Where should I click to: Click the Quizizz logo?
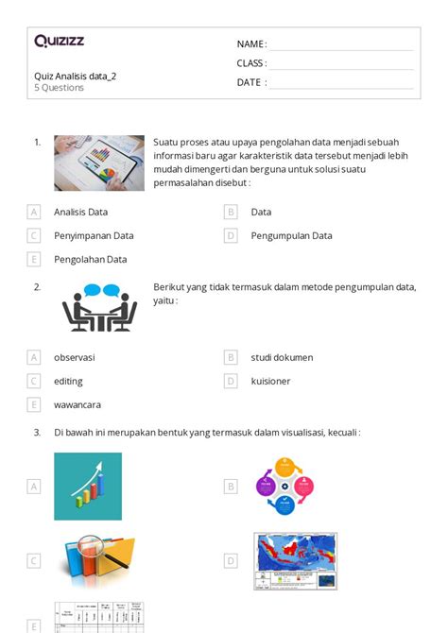click(x=59, y=41)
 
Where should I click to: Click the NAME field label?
click(x=251, y=44)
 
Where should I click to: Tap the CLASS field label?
click(x=251, y=63)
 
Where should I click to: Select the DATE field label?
click(x=251, y=82)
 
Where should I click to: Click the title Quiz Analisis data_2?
click(x=76, y=76)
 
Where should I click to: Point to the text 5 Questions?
click(x=59, y=88)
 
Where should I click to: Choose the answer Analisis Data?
click(x=80, y=212)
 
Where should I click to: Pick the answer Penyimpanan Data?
click(x=94, y=235)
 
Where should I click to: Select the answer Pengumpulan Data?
click(x=291, y=235)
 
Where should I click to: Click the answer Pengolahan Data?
click(x=90, y=259)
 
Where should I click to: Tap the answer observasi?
click(x=74, y=357)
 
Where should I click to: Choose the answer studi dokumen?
click(x=282, y=357)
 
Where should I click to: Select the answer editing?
click(x=68, y=381)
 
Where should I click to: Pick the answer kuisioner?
click(x=270, y=381)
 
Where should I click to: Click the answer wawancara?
click(x=78, y=404)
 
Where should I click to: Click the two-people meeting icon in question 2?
click(x=99, y=308)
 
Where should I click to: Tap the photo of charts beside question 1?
click(x=99, y=163)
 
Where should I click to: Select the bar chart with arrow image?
click(x=88, y=486)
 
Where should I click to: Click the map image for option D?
click(x=295, y=560)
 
